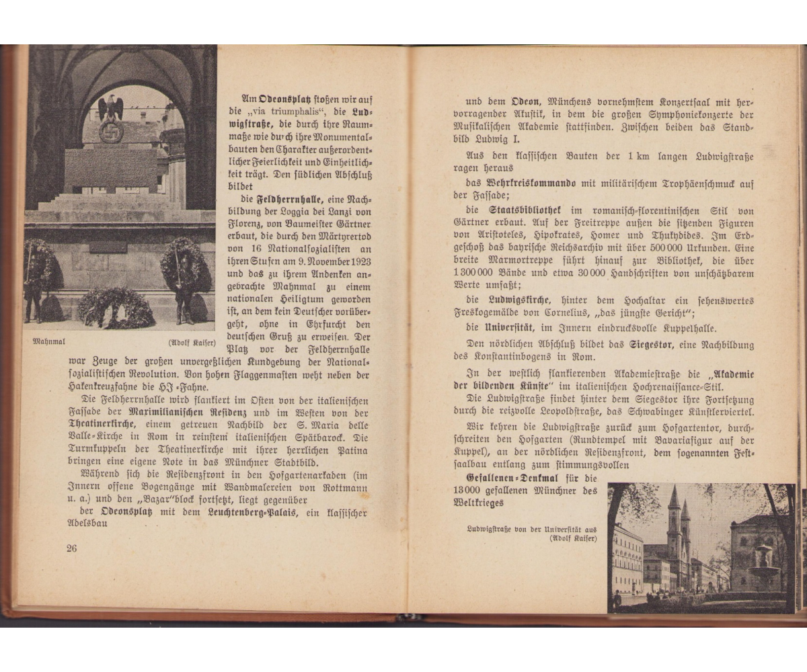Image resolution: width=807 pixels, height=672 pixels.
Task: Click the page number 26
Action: tap(72, 548)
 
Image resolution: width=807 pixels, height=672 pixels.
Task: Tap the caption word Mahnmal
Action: tap(49, 341)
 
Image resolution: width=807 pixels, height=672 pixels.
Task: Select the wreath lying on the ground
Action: tap(116, 307)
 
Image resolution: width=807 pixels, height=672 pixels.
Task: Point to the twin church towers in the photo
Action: tap(679, 531)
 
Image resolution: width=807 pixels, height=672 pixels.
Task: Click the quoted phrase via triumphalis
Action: tap(285, 111)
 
